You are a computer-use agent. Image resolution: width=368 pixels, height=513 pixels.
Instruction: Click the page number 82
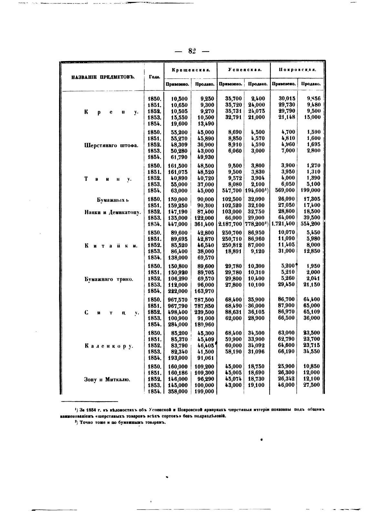click(x=192, y=51)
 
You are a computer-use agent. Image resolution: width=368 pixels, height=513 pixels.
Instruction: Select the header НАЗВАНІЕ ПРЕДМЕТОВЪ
click(x=103, y=77)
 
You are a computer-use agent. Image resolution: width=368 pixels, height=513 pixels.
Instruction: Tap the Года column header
click(x=154, y=77)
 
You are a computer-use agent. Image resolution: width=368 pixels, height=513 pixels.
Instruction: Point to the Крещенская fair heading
click(x=191, y=69)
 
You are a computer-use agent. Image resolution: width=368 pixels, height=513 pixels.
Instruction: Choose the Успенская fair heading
click(x=244, y=69)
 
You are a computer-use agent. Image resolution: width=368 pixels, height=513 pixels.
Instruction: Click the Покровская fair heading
click(x=297, y=69)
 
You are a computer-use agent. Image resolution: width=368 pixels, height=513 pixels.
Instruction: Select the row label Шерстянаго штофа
click(x=111, y=145)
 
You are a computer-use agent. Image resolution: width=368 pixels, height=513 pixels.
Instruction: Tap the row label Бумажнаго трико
click(x=108, y=279)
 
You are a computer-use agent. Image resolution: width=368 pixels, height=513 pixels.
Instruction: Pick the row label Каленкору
click(x=109, y=346)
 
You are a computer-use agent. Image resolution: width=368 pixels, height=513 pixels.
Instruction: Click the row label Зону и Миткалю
click(x=107, y=379)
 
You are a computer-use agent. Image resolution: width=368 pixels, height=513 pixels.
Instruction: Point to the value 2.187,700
click(x=230, y=224)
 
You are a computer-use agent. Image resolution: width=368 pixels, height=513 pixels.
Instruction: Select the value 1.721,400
click(x=283, y=224)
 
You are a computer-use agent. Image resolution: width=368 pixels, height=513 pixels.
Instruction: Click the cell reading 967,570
click(x=178, y=300)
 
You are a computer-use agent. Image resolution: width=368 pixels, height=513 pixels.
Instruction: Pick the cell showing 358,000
click(x=178, y=391)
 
